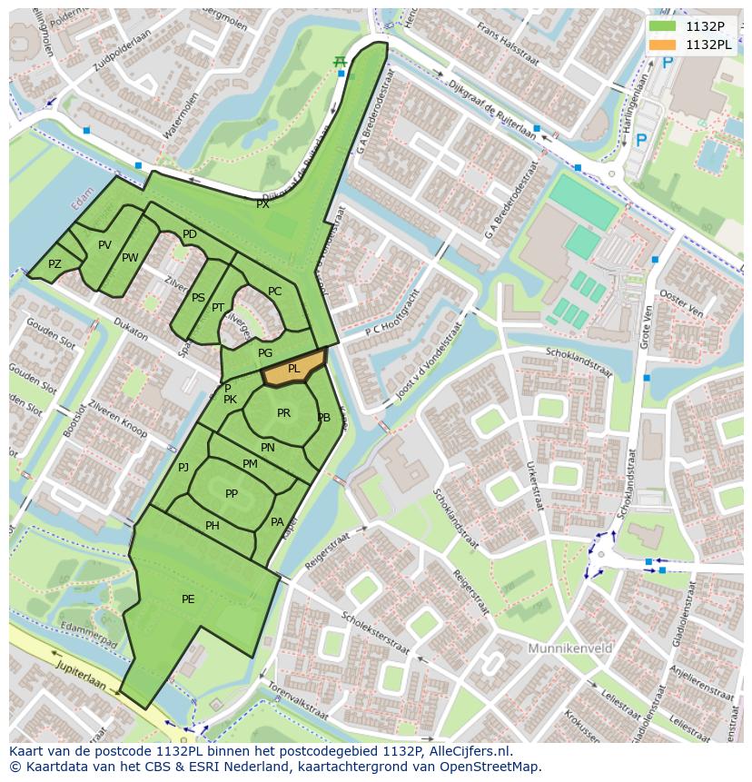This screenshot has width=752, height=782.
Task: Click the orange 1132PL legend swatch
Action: pyautogui.click(x=662, y=45)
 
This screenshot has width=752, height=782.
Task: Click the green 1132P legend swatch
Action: pyautogui.click(x=662, y=26)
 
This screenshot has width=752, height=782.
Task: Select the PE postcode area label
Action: pyautogui.click(x=188, y=599)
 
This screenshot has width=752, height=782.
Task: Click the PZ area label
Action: pyautogui.click(x=54, y=264)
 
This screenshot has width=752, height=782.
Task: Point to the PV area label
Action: pyautogui.click(x=104, y=245)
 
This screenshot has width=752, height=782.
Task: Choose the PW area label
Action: pyautogui.click(x=130, y=258)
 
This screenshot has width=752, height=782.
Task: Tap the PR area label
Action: pyautogui.click(x=283, y=413)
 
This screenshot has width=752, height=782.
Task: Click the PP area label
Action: pyautogui.click(x=232, y=494)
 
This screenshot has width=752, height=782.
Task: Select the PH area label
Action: pyautogui.click(x=212, y=526)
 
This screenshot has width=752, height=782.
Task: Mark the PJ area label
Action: pyautogui.click(x=183, y=468)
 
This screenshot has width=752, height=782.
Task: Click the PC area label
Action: pyautogui.click(x=274, y=292)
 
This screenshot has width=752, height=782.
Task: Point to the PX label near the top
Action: pyautogui.click(x=262, y=205)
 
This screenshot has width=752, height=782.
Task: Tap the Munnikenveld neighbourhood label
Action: pyautogui.click(x=569, y=648)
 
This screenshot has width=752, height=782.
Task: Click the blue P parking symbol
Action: pyautogui.click(x=642, y=141)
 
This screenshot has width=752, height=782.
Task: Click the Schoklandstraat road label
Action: pyautogui.click(x=578, y=362)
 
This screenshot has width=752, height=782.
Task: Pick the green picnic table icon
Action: pyautogui.click(x=340, y=61)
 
